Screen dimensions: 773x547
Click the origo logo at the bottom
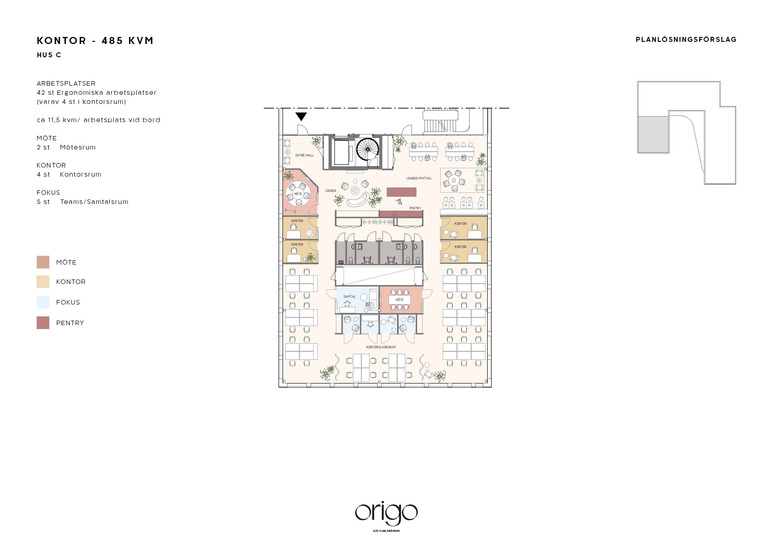point(386,514)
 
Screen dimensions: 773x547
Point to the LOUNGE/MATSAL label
point(419,178)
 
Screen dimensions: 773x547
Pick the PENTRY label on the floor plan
point(415,208)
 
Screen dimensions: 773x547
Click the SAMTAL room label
point(350,297)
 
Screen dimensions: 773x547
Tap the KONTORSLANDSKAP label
point(381,347)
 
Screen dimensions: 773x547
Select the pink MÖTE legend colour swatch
point(43,262)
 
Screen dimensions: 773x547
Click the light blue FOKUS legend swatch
point(43,302)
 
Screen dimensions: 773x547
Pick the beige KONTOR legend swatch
point(43,282)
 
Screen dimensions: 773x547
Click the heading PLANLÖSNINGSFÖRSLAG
point(686,40)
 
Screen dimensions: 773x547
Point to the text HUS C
point(49,55)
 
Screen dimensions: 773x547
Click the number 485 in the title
point(113,41)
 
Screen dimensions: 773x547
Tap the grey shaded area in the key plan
point(653,134)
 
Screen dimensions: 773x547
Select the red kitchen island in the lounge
point(401,192)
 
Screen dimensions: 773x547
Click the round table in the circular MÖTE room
point(298,194)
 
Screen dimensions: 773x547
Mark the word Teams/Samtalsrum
point(94,202)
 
